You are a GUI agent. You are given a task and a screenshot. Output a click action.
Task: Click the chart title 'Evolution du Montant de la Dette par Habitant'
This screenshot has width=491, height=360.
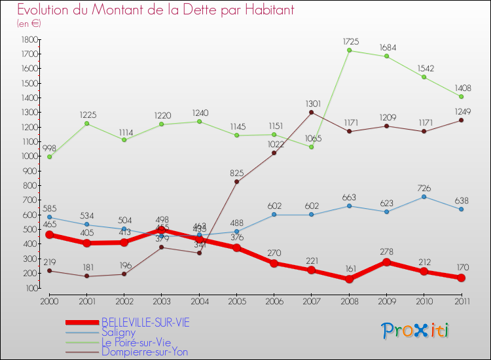click(x=155, y=10)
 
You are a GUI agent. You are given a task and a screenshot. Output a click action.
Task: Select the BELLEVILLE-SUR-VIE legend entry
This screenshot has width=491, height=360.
click(x=145, y=322)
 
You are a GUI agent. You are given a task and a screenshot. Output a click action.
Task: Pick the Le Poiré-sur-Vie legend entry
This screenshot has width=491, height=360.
click(x=136, y=342)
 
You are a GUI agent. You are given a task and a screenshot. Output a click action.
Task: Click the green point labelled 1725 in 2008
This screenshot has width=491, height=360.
click(x=349, y=50)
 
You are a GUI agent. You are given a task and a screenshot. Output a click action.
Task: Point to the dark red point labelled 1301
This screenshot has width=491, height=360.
click(x=312, y=112)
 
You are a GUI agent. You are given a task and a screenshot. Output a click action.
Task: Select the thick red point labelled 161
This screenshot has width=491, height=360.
click(x=349, y=279)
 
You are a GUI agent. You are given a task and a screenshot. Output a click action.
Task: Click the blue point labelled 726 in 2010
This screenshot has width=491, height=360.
click(x=424, y=196)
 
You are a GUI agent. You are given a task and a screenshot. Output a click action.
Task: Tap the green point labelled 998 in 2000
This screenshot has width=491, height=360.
click(x=49, y=156)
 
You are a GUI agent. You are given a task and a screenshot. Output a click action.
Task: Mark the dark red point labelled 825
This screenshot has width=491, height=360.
click(x=236, y=181)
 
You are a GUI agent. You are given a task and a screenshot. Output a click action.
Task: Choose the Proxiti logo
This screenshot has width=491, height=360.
click(x=416, y=331)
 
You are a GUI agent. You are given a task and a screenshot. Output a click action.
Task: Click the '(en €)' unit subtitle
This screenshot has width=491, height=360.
click(x=29, y=24)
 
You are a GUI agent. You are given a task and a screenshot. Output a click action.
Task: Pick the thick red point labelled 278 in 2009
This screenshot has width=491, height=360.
click(x=386, y=262)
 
